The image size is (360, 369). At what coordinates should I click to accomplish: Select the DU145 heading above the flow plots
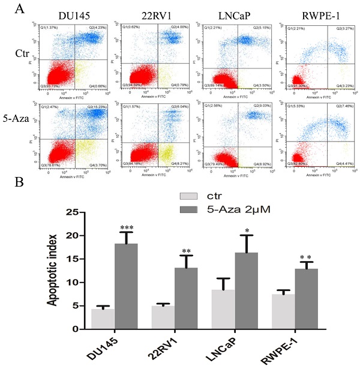point(67,15)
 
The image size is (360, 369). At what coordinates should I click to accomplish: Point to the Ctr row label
point(22,55)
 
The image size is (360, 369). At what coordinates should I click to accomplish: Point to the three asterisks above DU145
point(127,227)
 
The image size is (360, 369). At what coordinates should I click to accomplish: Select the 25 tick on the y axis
point(71,212)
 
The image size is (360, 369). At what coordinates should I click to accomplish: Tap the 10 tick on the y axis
point(71,283)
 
